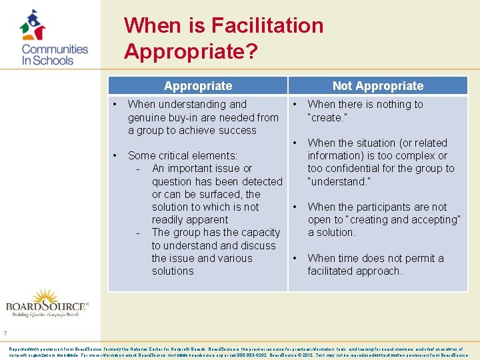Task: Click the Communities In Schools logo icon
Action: (32, 25)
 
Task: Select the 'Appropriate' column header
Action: (198, 86)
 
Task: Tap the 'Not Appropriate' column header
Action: (377, 86)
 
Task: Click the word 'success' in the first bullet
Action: (236, 130)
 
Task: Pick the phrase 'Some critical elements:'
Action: (182, 156)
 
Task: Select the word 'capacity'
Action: (257, 233)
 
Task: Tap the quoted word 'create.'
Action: (327, 117)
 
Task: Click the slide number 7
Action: (5, 334)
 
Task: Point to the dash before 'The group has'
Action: (137, 233)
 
